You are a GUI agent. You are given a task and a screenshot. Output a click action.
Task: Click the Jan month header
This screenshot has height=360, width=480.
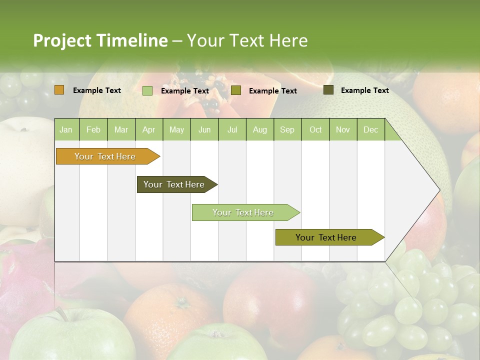66,130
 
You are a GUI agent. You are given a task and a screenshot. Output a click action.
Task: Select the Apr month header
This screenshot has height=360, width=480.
149,130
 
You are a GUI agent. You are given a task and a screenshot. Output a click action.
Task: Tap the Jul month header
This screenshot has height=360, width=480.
232,130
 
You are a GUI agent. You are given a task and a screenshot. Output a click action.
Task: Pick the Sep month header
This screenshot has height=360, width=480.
287,130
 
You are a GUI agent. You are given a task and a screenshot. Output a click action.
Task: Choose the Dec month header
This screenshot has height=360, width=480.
370,130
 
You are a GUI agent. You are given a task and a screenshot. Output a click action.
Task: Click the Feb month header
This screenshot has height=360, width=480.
93,130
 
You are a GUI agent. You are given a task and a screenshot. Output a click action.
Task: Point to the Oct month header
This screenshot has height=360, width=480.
315,130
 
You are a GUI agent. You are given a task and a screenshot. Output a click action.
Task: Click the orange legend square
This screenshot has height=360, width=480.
59,90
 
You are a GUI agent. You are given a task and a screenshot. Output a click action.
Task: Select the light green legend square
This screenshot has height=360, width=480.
147,90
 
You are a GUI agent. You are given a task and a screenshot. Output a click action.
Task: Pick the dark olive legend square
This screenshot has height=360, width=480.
328,90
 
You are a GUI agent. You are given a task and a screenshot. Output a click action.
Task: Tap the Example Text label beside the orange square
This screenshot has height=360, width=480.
97,90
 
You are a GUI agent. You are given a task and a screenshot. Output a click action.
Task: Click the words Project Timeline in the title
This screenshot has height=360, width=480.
100,40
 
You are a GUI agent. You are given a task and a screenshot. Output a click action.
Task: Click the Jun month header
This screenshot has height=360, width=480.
204,130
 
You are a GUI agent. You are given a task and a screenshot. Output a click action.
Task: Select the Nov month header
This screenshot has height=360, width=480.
343,130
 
